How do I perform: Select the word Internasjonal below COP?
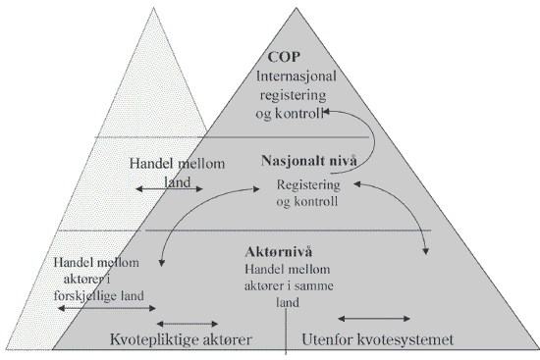tap(297, 76)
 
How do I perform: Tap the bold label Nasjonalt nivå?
tap(307, 160)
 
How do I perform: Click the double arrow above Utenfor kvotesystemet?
tap(375, 318)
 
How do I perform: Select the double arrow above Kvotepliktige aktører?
tap(189, 322)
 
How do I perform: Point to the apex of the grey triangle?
tap(297, 8)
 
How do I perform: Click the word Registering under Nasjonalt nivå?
tap(308, 184)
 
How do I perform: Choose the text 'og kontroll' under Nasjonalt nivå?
tap(308, 202)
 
